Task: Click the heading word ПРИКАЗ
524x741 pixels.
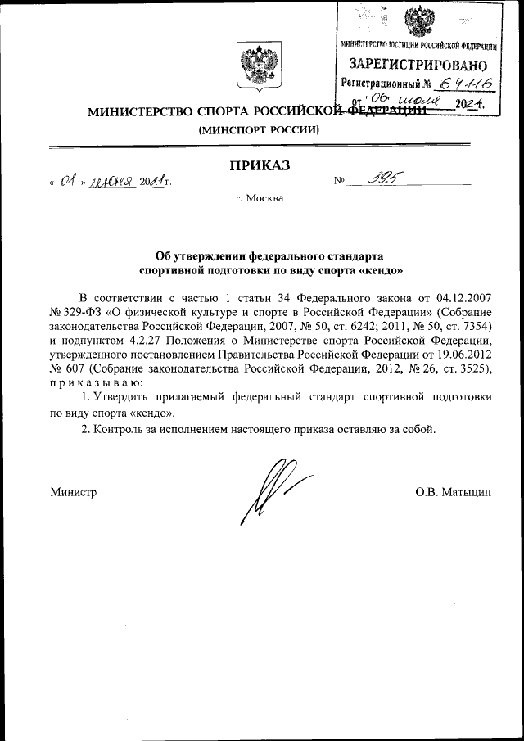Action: click(261, 167)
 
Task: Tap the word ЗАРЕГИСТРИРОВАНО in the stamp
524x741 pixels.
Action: click(418, 65)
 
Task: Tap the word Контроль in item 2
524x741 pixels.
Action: click(122, 429)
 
